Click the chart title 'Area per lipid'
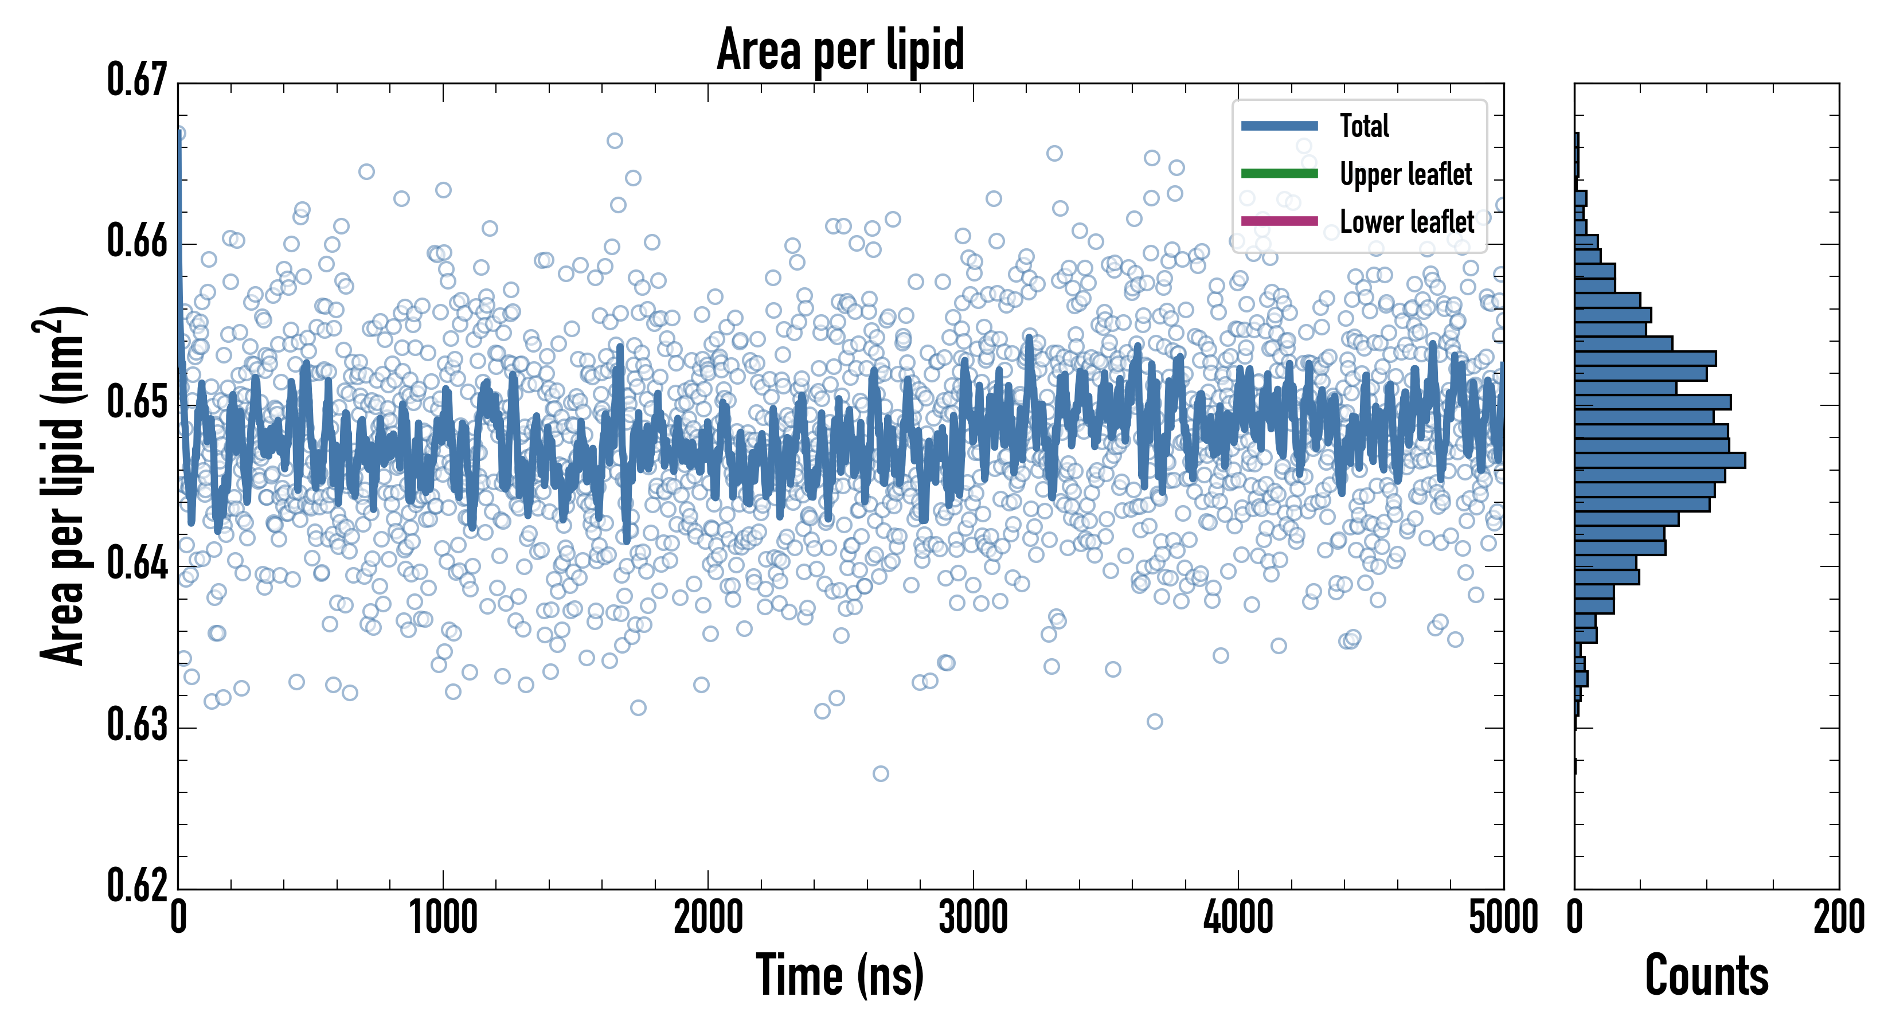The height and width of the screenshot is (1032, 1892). click(841, 49)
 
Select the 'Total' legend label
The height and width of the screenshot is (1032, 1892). click(1364, 126)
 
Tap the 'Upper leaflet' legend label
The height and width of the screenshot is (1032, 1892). click(1405, 174)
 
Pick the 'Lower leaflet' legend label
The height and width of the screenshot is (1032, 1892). click(1406, 221)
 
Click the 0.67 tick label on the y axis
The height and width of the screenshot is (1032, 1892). click(138, 80)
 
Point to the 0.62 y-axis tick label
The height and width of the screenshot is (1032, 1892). click(138, 885)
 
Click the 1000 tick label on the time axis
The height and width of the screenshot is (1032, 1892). click(443, 918)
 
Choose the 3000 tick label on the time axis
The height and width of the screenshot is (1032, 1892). click(973, 918)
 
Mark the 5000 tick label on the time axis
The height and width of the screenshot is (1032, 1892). click(1503, 918)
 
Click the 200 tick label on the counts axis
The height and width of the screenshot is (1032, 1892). click(1838, 918)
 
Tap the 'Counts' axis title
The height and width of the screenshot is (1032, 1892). click(1706, 975)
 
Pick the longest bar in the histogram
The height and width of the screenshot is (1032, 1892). click(1659, 460)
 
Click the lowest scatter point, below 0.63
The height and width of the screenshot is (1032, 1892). click(880, 773)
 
